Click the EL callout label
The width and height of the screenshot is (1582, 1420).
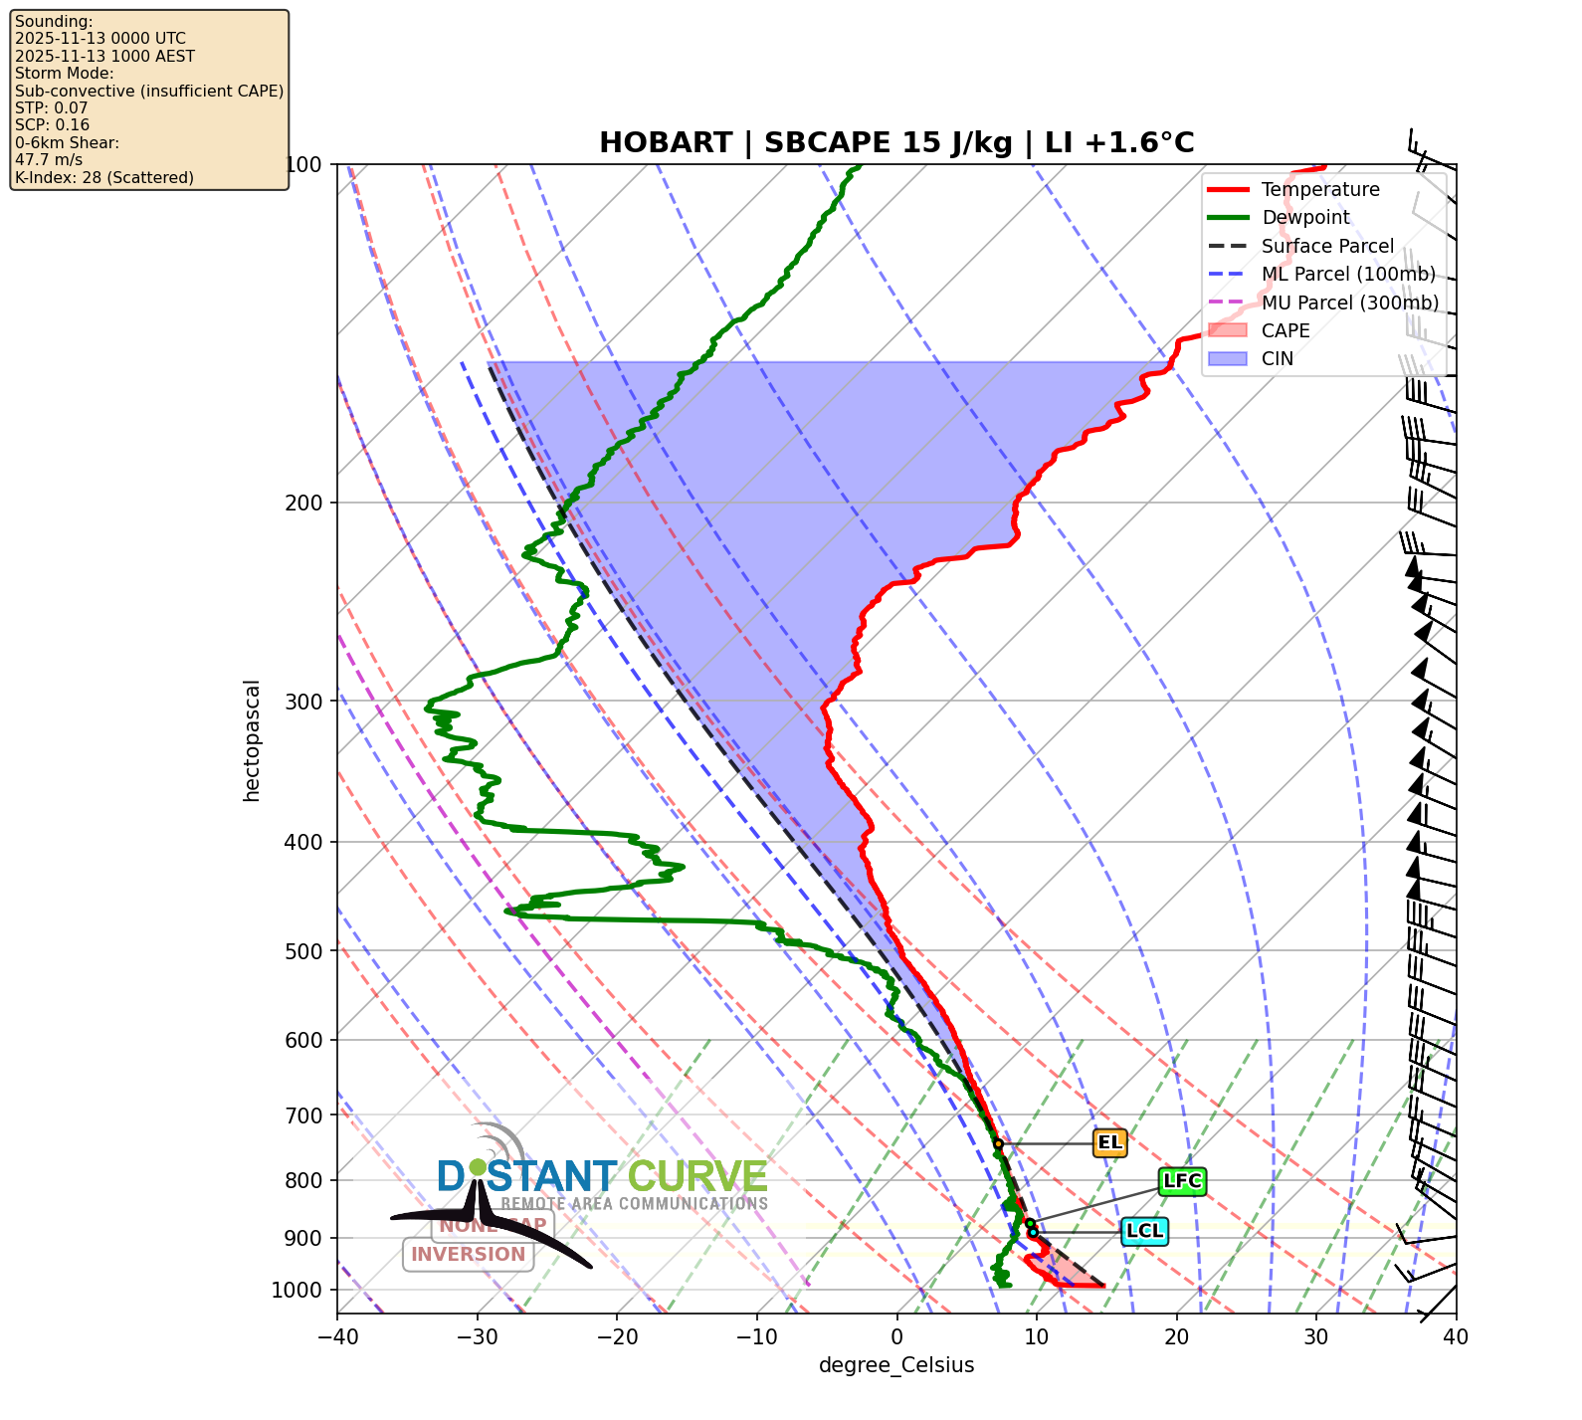[x=1109, y=1142]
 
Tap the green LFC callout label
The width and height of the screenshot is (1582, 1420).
[x=1182, y=1181]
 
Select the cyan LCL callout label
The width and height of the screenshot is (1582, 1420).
[x=1143, y=1231]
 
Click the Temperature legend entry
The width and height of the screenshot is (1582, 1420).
[x=1319, y=189]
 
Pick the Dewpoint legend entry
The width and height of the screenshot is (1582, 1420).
[x=1305, y=217]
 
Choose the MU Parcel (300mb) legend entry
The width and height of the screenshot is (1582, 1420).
[x=1349, y=303]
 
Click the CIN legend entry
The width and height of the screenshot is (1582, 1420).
[x=1278, y=358]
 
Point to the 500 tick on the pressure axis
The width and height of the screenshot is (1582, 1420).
[x=303, y=951]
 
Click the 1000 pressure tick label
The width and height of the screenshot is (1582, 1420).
[x=297, y=1291]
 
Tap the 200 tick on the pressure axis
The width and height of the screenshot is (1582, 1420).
[x=303, y=504]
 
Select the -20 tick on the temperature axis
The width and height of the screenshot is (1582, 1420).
[x=617, y=1336]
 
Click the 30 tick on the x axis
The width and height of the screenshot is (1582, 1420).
[x=1316, y=1336]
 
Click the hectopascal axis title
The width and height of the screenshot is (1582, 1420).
[x=252, y=740]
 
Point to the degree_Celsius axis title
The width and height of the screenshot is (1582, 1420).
[x=896, y=1365]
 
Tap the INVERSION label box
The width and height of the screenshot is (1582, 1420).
[x=468, y=1254]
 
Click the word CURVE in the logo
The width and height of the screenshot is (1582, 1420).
[x=697, y=1177]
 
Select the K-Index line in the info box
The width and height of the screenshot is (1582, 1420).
[x=104, y=177]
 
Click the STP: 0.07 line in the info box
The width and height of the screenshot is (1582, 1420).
[x=52, y=107]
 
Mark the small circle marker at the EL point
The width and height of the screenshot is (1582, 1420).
[x=998, y=1144]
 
